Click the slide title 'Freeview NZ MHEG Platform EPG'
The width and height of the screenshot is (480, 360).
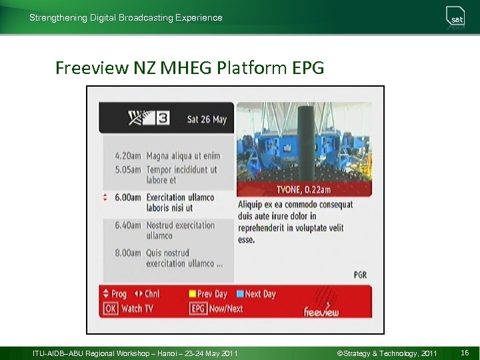189,68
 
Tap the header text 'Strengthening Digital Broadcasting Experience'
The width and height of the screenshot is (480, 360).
126,18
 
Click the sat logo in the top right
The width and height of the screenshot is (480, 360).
457,17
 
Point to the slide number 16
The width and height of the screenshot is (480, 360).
464,352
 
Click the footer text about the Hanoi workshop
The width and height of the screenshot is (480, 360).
135,352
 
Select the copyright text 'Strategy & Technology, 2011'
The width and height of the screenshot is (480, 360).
387,352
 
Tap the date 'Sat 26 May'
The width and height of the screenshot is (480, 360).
207,119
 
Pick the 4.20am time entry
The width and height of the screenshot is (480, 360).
127,156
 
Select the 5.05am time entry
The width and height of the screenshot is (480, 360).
127,169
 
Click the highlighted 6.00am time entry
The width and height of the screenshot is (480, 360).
127,197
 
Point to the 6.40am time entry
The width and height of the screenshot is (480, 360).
127,225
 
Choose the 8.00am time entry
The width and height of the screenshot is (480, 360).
127,253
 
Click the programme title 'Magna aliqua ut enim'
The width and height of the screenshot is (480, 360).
183,156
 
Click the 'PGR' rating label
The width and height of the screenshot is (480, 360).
360,275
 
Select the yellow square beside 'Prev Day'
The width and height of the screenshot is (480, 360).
192,293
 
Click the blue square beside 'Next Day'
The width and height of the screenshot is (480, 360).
240,293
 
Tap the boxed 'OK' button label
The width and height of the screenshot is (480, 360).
110,308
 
